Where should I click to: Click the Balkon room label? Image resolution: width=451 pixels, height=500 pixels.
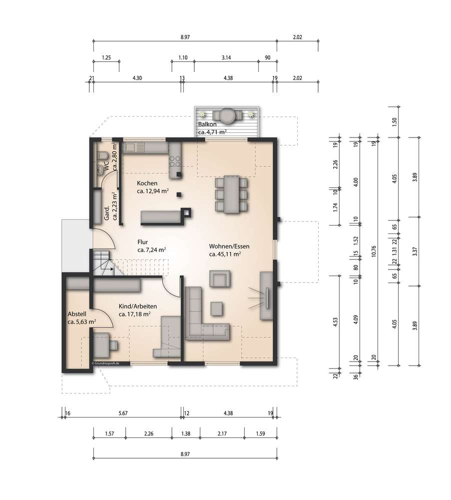pyautogui.click(x=207, y=124)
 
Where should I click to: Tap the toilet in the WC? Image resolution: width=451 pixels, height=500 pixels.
pyautogui.click(x=102, y=155)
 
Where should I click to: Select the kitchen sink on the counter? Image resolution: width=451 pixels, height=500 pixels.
pyautogui.click(x=135, y=147)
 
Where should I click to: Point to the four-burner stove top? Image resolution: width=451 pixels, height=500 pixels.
pyautogui.click(x=175, y=161)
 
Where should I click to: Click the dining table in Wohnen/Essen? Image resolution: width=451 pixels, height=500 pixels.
pyautogui.click(x=231, y=194)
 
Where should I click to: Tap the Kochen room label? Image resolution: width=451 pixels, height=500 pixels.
pyautogui.click(x=147, y=183)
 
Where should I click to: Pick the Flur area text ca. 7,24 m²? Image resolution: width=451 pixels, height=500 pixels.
pyautogui.click(x=152, y=249)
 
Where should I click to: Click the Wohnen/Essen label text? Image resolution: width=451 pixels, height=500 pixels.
pyautogui.click(x=229, y=246)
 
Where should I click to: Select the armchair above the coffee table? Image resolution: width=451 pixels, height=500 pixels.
pyautogui.click(x=220, y=279)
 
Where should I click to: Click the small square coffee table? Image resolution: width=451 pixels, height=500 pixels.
pyautogui.click(x=217, y=308)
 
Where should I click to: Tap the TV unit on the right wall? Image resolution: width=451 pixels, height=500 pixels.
pyautogui.click(x=266, y=295)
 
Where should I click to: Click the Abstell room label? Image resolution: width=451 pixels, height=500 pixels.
pyautogui.click(x=77, y=314)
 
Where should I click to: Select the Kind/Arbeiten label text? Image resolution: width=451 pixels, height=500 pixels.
pyautogui.click(x=138, y=306)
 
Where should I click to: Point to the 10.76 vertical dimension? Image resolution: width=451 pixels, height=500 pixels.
pyautogui.click(x=374, y=251)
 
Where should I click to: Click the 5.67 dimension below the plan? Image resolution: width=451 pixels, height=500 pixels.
pyautogui.click(x=123, y=413)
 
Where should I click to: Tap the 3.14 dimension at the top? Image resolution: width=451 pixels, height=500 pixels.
pyautogui.click(x=226, y=57)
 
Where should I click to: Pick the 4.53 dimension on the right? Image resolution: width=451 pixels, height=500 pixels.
pyautogui.click(x=335, y=322)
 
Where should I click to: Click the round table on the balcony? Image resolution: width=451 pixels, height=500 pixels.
pyautogui.click(x=227, y=115)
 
